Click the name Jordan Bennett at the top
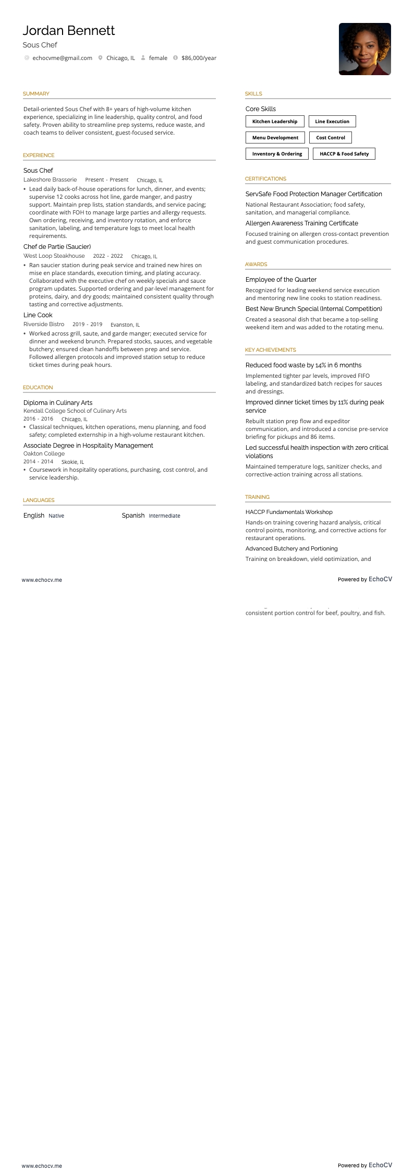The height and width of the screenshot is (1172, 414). [69, 31]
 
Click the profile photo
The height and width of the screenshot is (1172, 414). [364, 49]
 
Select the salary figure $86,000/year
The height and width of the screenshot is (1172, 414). [199, 58]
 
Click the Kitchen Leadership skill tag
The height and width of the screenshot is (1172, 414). [275, 122]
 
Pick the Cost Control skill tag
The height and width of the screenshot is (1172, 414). [331, 138]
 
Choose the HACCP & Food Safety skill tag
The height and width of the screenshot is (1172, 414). [344, 154]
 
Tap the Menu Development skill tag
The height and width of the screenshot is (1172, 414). [275, 138]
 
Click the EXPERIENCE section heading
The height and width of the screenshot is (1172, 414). [39, 156]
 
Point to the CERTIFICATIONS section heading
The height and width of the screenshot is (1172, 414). [265, 179]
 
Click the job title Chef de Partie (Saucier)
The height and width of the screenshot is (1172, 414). [57, 247]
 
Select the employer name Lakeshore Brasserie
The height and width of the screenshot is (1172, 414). [50, 180]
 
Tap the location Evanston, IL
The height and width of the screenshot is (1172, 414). [125, 325]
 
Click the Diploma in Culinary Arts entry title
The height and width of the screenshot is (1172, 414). [58, 403]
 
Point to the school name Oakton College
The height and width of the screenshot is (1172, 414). [44, 453]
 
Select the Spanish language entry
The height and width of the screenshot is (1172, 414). [133, 516]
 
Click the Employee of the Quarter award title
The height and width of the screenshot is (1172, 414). [281, 280]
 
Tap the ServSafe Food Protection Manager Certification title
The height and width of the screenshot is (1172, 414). [314, 194]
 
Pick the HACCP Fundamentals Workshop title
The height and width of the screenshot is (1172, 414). [289, 512]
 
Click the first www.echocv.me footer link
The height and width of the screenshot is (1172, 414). [42, 580]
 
